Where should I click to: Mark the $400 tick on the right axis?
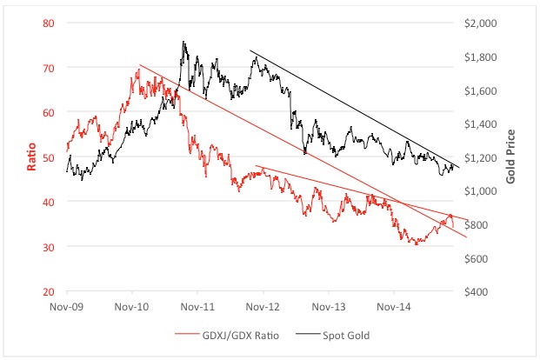pos(483,291)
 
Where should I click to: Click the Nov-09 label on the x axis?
pos(68,307)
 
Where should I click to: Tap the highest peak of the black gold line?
pos(183,41)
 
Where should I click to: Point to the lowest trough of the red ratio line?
pos(417,245)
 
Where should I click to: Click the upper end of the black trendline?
pos(250,50)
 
